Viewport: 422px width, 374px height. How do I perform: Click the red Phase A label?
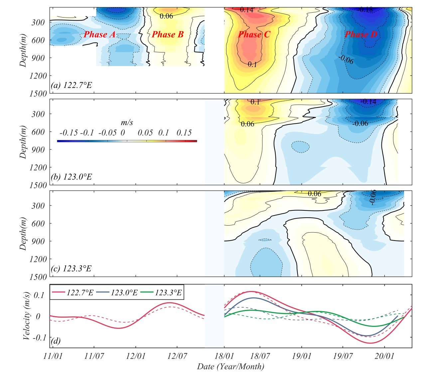100,35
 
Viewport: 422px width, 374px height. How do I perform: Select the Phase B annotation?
168,35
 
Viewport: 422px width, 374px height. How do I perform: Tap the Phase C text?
254,35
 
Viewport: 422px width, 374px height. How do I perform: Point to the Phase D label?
361,35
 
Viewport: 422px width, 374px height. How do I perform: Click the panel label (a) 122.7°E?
71,85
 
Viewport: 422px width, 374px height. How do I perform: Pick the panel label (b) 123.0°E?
71,177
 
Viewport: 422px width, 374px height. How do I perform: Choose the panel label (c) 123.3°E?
71,268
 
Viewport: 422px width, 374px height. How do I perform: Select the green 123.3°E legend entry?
162,293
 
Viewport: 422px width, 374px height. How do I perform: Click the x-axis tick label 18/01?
224,356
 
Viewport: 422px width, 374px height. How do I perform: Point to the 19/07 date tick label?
343,356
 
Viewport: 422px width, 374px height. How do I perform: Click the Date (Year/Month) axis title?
230,367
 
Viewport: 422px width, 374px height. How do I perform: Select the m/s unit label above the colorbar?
127,122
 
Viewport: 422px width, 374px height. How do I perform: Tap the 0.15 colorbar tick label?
184,133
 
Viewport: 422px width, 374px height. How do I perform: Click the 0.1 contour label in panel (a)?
252,64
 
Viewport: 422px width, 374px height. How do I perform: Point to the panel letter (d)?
56,341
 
